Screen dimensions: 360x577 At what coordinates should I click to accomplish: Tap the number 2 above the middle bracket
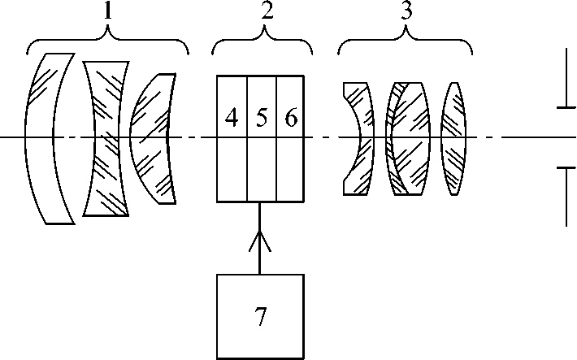(262, 12)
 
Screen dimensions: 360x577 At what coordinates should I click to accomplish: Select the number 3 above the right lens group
(405, 13)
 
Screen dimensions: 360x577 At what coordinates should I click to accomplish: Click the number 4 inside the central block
(232, 118)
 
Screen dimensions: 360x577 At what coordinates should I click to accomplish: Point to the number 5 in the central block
(262, 118)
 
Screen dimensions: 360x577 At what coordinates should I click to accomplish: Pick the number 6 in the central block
(291, 118)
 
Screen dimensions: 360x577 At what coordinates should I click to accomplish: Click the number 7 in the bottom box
(261, 317)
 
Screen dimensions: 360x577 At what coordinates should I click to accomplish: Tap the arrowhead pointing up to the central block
(261, 238)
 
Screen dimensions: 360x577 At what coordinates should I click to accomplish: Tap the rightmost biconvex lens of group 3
(454, 138)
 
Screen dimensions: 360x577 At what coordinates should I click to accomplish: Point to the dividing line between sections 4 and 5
(247, 163)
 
